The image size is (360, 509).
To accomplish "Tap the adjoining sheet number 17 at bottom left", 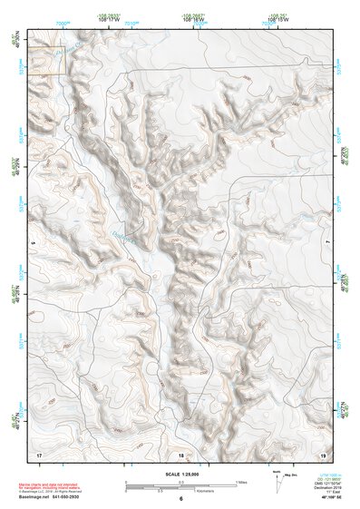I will tap(39, 453).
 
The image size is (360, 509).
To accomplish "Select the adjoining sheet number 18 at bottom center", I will tap(180, 453).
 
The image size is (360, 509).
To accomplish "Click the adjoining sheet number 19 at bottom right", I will tap(323, 453).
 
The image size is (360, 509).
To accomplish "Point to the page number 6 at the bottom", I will tap(180, 498).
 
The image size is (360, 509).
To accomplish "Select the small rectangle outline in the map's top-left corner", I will tap(47, 60).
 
